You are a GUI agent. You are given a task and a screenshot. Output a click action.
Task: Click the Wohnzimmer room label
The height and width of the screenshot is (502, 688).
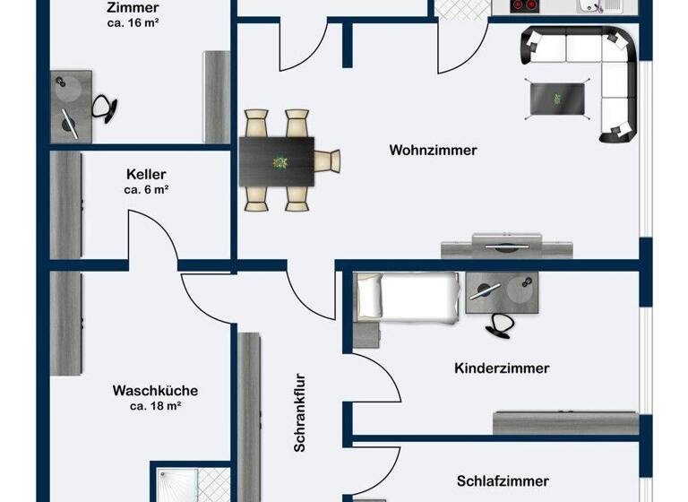pos(433,151)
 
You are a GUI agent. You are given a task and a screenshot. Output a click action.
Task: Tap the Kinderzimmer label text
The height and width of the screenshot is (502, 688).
pos(502,368)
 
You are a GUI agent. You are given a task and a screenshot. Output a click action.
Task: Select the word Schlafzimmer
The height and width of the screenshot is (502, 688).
pos(503,481)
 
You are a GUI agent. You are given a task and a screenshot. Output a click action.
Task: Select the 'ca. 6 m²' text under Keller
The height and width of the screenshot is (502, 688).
pos(146,190)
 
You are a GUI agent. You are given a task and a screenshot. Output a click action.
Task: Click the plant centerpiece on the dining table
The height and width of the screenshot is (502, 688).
pos(279,162)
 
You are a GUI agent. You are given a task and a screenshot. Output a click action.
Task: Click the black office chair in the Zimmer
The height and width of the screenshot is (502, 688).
pos(105,108)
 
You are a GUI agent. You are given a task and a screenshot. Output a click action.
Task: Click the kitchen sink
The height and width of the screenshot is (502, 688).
pos(593,6)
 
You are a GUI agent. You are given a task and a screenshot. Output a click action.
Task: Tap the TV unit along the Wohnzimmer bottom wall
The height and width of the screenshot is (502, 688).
pos(493,246)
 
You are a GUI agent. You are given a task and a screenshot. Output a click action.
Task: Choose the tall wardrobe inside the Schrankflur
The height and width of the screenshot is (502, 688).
pos(249,412)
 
